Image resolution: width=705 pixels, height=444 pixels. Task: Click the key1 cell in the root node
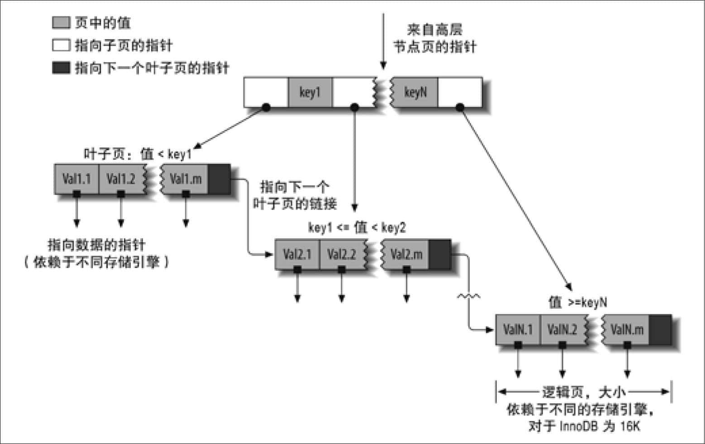pos(310,92)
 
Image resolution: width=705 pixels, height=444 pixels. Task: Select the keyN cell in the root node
pos(415,92)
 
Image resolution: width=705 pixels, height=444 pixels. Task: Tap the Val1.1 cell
pos(76,179)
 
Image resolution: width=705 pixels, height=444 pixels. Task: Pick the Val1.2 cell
pos(121,179)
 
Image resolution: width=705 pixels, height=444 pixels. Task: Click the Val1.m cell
pos(185,179)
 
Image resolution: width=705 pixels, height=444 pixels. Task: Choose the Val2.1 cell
pos(297,254)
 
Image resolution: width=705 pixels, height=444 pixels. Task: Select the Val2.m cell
pos(406,254)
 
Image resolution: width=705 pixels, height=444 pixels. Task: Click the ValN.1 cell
pos(518,329)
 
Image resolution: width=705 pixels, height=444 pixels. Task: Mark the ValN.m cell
pos(626,329)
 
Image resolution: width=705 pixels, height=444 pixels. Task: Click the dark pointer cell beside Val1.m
pos(219,179)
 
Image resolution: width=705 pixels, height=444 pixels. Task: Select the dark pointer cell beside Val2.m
pos(440,254)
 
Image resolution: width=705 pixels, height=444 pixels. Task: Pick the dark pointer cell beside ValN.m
pos(661,329)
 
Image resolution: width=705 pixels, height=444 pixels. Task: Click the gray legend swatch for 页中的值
pos(61,23)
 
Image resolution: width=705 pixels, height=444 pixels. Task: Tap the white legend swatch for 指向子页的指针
pos(61,45)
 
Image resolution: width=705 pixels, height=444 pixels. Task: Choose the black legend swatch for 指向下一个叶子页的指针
pos(61,68)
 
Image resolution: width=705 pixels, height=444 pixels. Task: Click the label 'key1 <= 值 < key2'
pos(357,227)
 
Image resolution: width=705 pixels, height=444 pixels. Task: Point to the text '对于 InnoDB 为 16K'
pos(584,426)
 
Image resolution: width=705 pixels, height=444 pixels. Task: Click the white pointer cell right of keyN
pos(460,92)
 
